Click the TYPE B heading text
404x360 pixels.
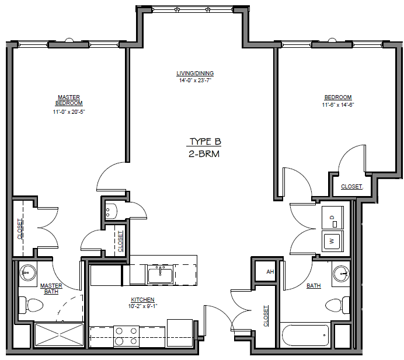[x=205, y=142]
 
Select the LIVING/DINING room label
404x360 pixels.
[x=195, y=74]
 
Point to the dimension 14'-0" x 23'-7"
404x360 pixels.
[x=195, y=81]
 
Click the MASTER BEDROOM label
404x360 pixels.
[x=68, y=100]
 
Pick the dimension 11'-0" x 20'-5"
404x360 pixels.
[x=68, y=111]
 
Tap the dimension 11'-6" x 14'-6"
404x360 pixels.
[x=338, y=105]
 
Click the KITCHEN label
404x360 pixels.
[x=142, y=299]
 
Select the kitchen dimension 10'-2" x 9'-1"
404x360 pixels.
[x=142, y=306]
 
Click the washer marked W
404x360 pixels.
[x=332, y=240]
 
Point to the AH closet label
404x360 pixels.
[x=270, y=272]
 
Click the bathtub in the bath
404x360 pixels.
[x=304, y=336]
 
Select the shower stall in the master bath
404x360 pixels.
[x=60, y=335]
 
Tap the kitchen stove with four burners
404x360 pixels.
[x=126, y=335]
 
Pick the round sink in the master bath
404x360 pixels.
[x=27, y=272]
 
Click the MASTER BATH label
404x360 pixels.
[x=51, y=289]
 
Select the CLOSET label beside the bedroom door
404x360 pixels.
[x=351, y=187]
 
